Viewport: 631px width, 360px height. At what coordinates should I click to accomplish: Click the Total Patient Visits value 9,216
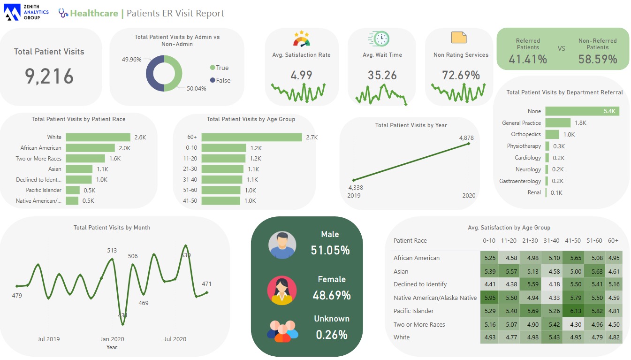pyautogui.click(x=49, y=76)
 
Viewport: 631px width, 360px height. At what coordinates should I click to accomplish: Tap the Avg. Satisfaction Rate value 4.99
pyautogui.click(x=301, y=75)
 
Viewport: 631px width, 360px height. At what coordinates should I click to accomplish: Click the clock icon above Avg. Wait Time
pyautogui.click(x=380, y=38)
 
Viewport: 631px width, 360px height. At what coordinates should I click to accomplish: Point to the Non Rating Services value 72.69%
pyautogui.click(x=461, y=75)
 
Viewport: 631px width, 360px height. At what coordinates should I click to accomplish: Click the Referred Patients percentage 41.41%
pyautogui.click(x=528, y=59)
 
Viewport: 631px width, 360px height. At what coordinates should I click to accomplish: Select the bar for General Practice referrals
pyautogui.click(x=558, y=123)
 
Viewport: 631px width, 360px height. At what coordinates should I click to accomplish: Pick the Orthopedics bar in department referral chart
pyautogui.click(x=552, y=134)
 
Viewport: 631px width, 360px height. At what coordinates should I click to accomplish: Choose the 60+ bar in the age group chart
pyautogui.click(x=252, y=137)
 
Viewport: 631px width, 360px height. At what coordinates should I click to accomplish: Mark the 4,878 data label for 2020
pyautogui.click(x=466, y=138)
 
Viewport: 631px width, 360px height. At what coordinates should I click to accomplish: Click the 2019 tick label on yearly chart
pyautogui.click(x=354, y=195)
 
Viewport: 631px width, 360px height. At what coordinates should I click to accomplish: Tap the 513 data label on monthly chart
pyautogui.click(x=112, y=251)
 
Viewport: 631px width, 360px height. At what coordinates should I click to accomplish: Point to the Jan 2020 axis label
pyautogui.click(x=112, y=339)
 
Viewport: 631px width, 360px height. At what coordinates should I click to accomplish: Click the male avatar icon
pyautogui.click(x=282, y=245)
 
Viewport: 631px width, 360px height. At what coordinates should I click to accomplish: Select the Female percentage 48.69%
pyautogui.click(x=331, y=295)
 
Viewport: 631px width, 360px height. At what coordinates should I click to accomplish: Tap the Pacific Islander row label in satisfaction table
pyautogui.click(x=414, y=311)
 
